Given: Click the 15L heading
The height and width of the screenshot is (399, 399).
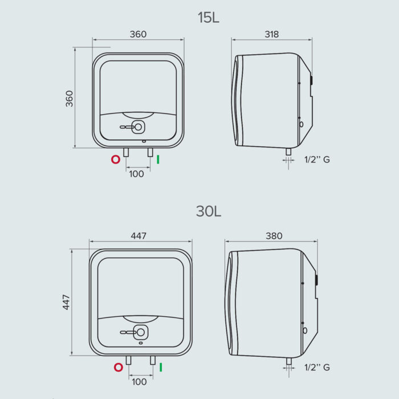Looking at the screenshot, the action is coord(209,18).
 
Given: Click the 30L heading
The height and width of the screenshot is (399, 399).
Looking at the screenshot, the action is coord(209,211).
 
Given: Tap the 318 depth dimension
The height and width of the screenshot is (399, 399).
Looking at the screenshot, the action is coord(272,34).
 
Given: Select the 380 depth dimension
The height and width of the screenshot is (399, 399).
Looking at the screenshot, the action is coord(274,236).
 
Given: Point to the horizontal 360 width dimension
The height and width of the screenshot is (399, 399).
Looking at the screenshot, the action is coord(138,34).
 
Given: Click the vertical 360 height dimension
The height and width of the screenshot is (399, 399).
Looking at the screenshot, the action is coord(69,99).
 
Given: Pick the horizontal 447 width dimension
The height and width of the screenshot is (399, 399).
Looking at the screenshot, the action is coord(139,236).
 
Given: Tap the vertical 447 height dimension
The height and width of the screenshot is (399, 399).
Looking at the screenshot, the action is coord(66,302).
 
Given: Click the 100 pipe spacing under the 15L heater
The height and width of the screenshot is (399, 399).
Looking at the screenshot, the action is coord(136,174).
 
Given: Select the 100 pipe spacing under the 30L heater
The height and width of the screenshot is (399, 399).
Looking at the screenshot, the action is coord(139,382).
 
